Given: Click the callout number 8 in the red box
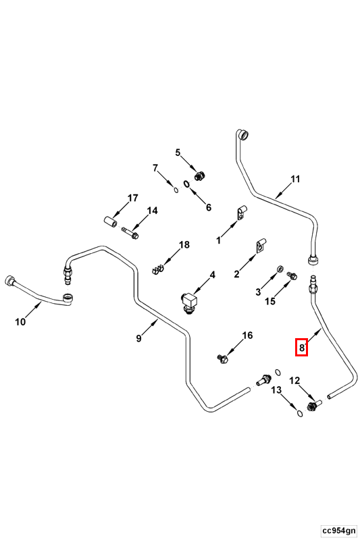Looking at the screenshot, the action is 301,348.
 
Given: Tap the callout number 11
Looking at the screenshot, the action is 295,179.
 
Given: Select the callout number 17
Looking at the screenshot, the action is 132,198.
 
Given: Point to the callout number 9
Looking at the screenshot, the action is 138,338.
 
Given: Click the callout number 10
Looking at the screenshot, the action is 20,322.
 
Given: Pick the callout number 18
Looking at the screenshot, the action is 184,244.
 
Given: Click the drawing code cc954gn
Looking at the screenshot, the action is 338,529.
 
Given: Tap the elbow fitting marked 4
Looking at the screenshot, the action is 188,302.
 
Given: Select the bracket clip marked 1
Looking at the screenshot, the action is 242,211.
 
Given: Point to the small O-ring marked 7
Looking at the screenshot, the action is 176,189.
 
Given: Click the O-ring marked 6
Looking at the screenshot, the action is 186,184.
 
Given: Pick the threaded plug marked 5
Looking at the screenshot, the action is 199,175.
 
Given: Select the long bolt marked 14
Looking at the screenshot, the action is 130,233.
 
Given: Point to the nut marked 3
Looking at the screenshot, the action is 280,269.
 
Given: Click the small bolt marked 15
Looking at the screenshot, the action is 292,275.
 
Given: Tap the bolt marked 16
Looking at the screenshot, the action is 222,359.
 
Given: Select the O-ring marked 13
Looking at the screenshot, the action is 300,413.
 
